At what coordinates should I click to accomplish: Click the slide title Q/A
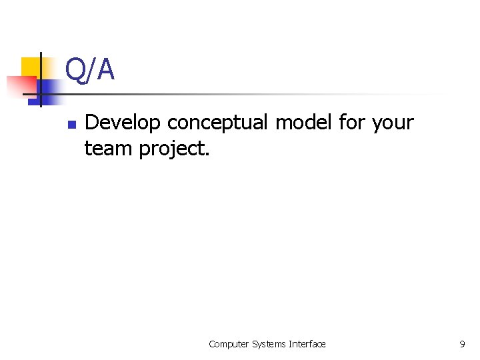point(90,69)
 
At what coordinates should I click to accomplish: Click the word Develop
point(124,123)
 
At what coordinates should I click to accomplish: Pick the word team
point(109,149)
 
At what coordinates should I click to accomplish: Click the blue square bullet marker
point(72,125)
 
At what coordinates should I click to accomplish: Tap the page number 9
point(462,344)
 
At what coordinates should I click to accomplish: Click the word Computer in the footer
point(229,344)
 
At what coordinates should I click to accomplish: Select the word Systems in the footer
point(269,344)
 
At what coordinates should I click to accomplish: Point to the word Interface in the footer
point(307,344)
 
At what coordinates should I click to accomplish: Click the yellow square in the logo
point(31,67)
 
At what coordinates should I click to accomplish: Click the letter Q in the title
point(76,69)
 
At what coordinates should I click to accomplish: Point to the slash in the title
point(91,69)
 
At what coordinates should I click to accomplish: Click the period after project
point(207,154)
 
